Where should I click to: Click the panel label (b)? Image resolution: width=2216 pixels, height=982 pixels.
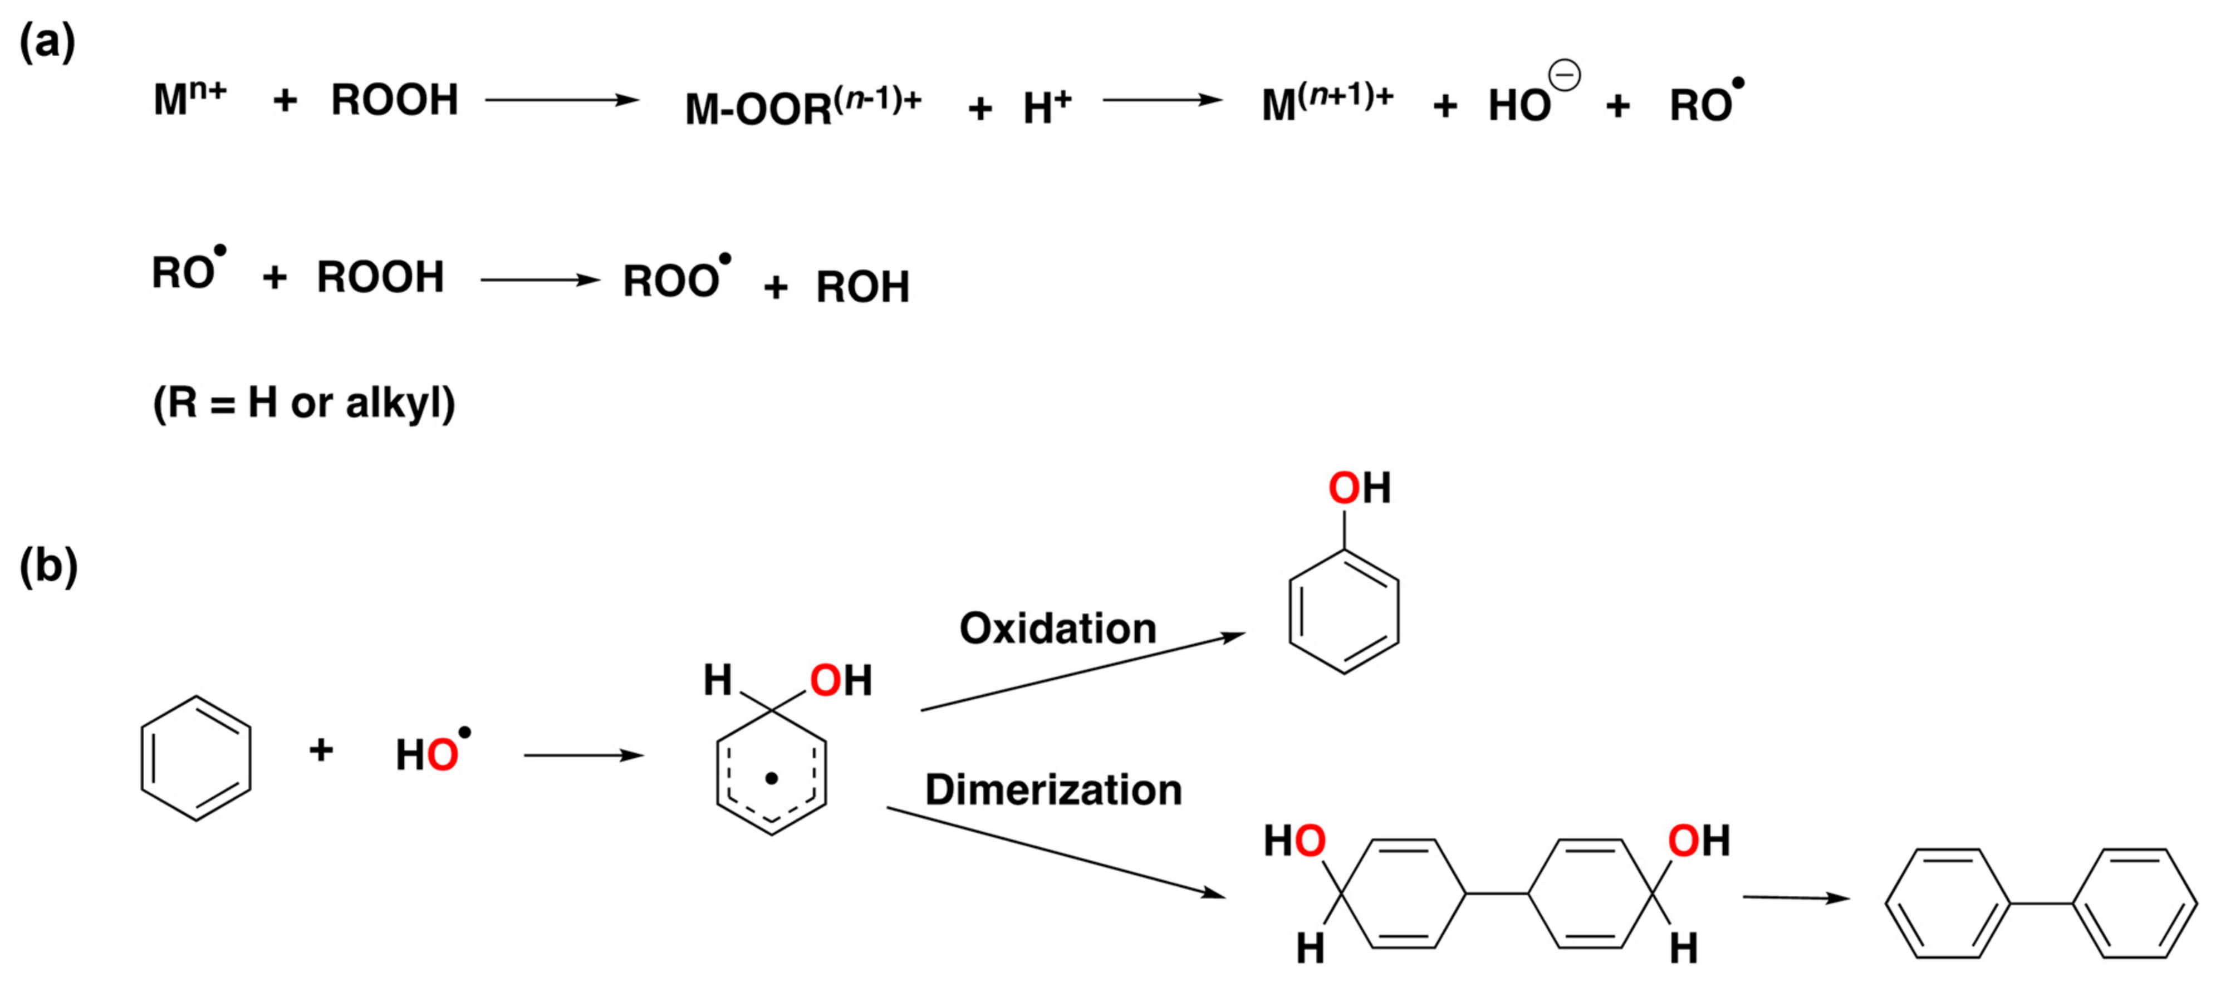pyautogui.click(x=48, y=566)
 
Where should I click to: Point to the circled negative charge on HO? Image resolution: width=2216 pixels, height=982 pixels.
pyautogui.click(x=1564, y=76)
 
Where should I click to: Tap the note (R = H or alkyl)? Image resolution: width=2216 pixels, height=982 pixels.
pyautogui.click(x=303, y=402)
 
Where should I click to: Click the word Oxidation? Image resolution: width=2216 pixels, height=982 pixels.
pyautogui.click(x=1057, y=629)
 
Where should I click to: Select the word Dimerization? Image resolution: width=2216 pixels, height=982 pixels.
pyautogui.click(x=1053, y=789)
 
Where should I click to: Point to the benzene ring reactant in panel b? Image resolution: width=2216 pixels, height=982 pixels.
pyautogui.click(x=196, y=758)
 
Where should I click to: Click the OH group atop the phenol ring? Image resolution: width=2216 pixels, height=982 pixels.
pyautogui.click(x=1359, y=488)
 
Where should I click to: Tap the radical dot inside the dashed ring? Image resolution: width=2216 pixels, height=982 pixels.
pyautogui.click(x=772, y=778)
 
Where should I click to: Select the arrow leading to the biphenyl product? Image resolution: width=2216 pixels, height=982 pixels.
pyautogui.click(x=1796, y=898)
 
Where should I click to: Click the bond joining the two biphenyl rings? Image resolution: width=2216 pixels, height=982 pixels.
pyautogui.click(x=2041, y=904)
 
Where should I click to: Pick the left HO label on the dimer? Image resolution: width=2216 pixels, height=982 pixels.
pyautogui.click(x=1294, y=841)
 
